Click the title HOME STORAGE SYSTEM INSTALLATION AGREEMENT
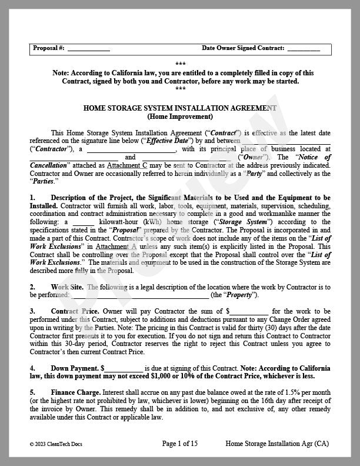180,108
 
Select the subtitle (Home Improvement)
180,116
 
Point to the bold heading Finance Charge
75,392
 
